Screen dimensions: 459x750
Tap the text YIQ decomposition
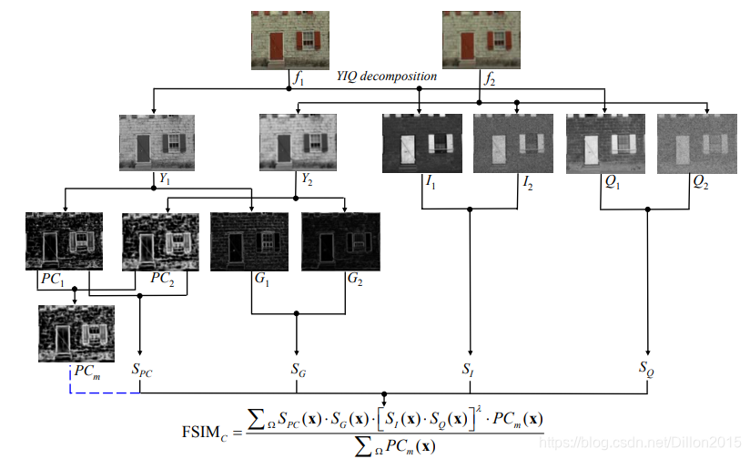386,76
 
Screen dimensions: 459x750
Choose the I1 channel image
420,142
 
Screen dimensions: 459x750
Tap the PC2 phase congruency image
156,240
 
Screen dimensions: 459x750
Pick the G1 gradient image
248,240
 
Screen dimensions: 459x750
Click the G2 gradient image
339,240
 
